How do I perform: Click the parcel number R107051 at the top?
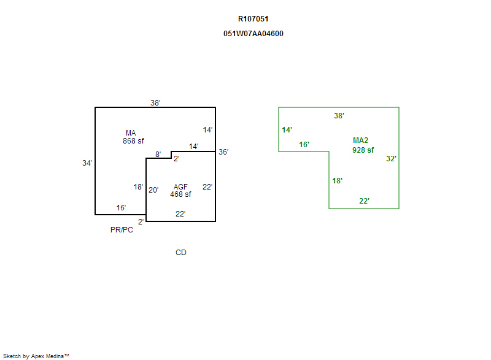coord(253,19)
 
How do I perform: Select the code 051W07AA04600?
coord(253,34)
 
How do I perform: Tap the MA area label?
coord(131,133)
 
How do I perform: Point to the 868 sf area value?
coord(133,140)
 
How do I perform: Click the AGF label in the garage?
coord(180,187)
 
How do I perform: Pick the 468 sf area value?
coord(180,194)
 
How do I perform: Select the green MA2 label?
coord(360,140)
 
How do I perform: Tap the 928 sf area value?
coord(363,150)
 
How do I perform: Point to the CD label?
coord(181,253)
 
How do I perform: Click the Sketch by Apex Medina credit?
coord(36,356)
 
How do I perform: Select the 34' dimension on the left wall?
coord(87,163)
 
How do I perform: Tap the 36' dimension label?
coord(223,152)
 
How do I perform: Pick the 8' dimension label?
coord(158,155)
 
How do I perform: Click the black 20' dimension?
coord(153,190)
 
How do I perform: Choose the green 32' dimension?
coord(391,159)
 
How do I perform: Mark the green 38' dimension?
coord(339,116)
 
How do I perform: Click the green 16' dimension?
coord(304,145)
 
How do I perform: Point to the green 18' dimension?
coord(337,181)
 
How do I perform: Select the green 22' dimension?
coord(364,201)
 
